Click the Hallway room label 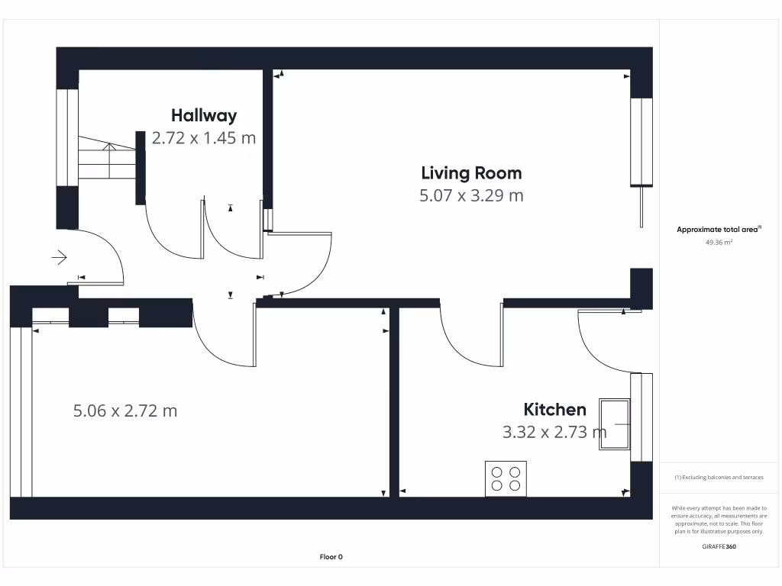pos(204,116)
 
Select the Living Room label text pos(471,172)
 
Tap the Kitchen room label pos(554,410)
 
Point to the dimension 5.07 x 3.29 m pos(471,195)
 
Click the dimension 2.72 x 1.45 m pos(204,138)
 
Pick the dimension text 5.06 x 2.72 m pos(125,411)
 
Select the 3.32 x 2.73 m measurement pos(554,433)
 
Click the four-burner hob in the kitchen pos(506,478)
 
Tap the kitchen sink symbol pos(615,423)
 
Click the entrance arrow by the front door pos(60,258)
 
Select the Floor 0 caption pos(331,557)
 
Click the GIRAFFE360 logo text pos(719,547)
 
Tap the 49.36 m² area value pos(719,242)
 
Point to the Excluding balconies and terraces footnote pos(719,478)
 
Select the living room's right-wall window pos(641,142)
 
